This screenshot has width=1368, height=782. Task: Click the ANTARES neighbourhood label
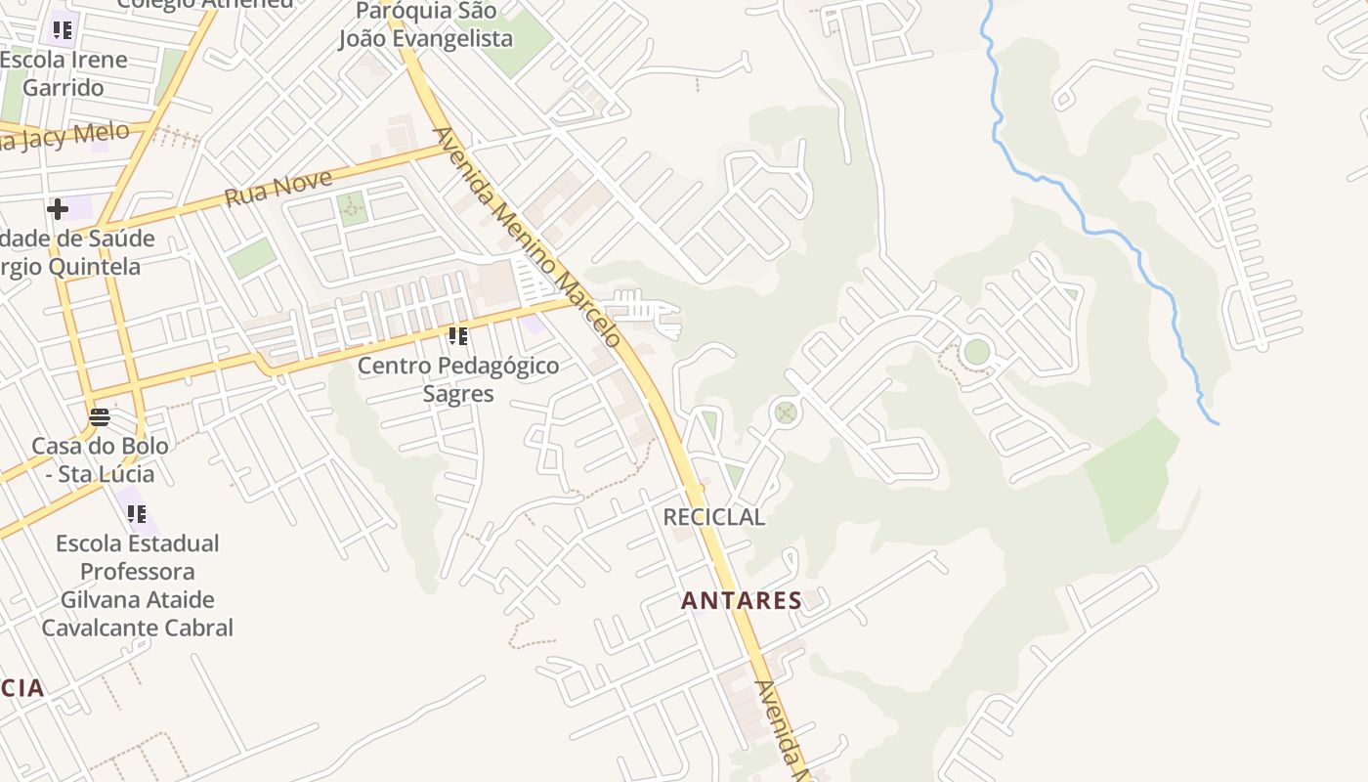(x=742, y=600)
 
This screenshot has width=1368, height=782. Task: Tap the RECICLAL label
(x=713, y=517)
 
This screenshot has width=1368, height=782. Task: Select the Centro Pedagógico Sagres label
(x=458, y=379)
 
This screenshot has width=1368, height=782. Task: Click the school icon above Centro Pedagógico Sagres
(x=458, y=337)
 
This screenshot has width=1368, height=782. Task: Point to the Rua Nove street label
(x=278, y=189)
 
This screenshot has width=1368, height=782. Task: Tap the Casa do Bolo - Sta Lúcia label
(x=100, y=459)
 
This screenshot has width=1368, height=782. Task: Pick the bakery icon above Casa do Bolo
(x=100, y=417)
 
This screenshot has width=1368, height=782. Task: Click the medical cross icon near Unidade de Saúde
(x=58, y=208)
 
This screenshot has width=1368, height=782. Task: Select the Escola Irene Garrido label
(x=64, y=73)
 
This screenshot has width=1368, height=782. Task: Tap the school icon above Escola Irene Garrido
(x=63, y=29)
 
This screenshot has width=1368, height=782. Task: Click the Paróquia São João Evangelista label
(x=426, y=25)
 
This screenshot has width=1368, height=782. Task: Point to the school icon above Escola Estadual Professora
(x=137, y=513)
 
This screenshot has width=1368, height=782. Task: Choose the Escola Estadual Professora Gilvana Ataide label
(x=137, y=585)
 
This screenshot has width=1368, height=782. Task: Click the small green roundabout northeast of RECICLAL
(x=786, y=413)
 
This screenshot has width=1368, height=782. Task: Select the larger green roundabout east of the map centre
(x=976, y=351)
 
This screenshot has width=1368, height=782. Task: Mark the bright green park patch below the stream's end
(x=1133, y=479)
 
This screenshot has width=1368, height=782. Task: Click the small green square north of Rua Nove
(x=352, y=207)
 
